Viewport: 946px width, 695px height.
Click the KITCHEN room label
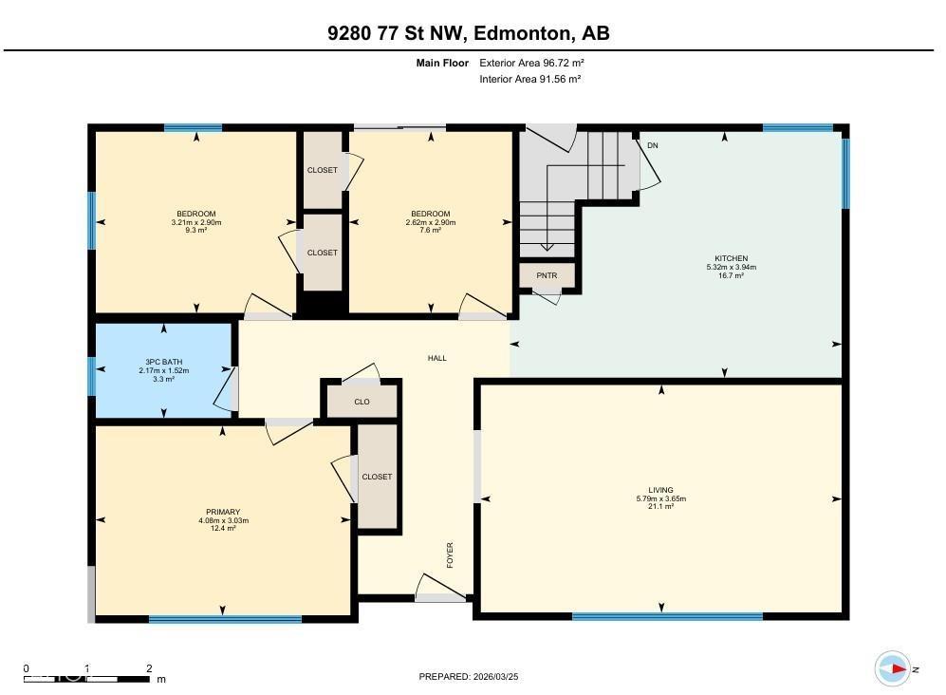pos(731,258)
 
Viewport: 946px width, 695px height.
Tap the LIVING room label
pos(655,490)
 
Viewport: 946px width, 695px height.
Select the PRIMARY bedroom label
pos(222,512)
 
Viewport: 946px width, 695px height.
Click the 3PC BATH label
pos(163,361)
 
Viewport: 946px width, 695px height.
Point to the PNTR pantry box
pos(547,276)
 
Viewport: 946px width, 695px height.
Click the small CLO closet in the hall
pos(362,402)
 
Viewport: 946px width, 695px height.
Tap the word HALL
pos(436,358)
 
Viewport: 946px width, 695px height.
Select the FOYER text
pos(450,555)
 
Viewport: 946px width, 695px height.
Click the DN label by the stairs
pos(652,145)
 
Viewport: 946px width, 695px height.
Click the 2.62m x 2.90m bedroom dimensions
pos(431,222)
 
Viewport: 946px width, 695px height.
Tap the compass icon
pos(892,668)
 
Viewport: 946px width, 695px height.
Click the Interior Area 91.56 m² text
pos(530,80)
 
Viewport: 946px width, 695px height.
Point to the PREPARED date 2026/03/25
pos(469,676)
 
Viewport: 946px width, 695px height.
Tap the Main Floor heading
pos(442,63)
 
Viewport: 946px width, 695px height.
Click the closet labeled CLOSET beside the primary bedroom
pos(377,477)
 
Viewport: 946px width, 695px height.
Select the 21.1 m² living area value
pos(655,507)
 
